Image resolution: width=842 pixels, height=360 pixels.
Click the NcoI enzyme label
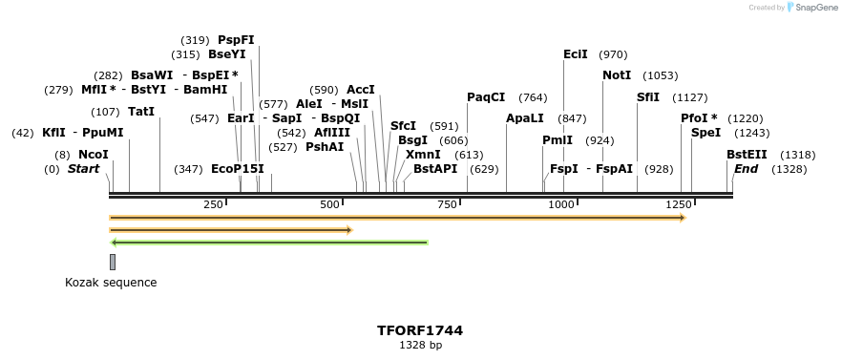[94, 154]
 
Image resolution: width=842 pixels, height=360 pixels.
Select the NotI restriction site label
[617, 75]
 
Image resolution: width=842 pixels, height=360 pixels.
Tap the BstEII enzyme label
[747, 154]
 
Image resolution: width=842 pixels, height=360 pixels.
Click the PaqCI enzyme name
[486, 97]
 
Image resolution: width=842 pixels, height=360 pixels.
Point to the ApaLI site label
[525, 118]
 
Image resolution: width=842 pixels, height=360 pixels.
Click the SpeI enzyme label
[705, 133]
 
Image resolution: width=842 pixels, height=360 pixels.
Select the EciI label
[576, 54]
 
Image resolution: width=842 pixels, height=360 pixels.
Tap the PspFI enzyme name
[236, 40]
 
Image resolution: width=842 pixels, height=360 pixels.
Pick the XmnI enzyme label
[423, 154]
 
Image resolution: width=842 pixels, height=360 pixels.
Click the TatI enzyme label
[141, 112]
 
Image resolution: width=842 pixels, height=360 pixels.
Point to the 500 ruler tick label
[330, 205]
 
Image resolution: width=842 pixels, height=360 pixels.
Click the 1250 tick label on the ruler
[679, 205]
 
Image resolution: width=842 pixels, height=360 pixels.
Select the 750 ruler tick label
[447, 205]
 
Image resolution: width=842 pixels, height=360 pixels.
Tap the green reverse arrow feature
[269, 243]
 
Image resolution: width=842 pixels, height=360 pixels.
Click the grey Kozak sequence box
[113, 262]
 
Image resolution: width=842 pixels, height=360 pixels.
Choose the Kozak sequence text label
[111, 283]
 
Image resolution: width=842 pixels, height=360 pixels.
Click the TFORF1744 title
[420, 330]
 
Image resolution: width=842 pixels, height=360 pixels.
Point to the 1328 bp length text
[420, 346]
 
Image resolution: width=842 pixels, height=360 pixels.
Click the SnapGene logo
[811, 8]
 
